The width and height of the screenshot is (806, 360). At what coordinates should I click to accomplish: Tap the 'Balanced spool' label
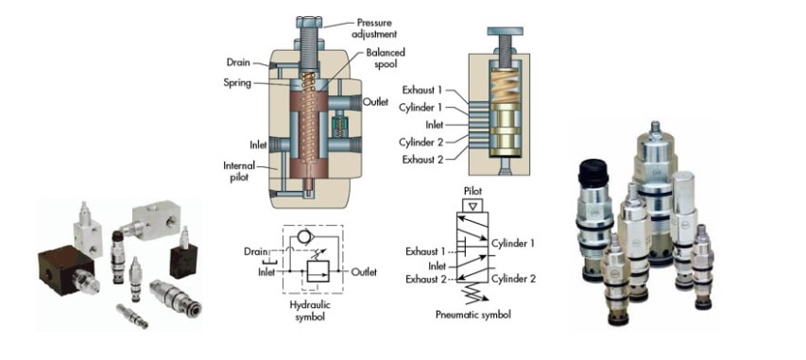[386, 58]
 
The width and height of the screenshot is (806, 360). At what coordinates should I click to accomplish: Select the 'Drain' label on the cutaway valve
[238, 62]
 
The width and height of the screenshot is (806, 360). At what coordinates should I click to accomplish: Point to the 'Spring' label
[237, 82]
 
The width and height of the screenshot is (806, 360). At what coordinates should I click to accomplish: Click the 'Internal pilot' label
[238, 171]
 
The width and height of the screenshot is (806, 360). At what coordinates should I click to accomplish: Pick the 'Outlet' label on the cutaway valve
[375, 102]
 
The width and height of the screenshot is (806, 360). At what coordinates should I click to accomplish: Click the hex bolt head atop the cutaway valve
[308, 22]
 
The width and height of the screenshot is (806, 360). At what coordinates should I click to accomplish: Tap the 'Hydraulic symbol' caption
[310, 311]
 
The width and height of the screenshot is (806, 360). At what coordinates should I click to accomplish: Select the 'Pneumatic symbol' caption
[472, 315]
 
